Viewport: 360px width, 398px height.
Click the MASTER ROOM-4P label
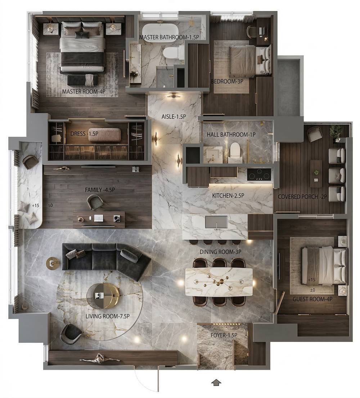coord(84,92)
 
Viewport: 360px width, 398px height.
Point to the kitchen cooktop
coord(259,174)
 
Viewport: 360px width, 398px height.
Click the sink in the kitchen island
coord(216,222)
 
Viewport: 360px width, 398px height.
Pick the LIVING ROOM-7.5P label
coord(108,316)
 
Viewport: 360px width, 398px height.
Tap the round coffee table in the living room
coord(103,296)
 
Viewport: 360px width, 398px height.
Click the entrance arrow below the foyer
coord(216,383)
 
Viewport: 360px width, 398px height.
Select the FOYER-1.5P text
coord(224,335)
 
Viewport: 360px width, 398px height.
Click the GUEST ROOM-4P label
coord(312,299)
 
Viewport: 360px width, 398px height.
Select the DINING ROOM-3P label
coord(220,252)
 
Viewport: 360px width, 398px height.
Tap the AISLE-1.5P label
coord(174,116)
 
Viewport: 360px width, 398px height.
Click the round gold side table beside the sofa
coord(53,264)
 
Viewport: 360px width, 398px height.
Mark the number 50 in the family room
coord(50,206)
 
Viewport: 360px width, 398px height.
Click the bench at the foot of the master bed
coord(83,80)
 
